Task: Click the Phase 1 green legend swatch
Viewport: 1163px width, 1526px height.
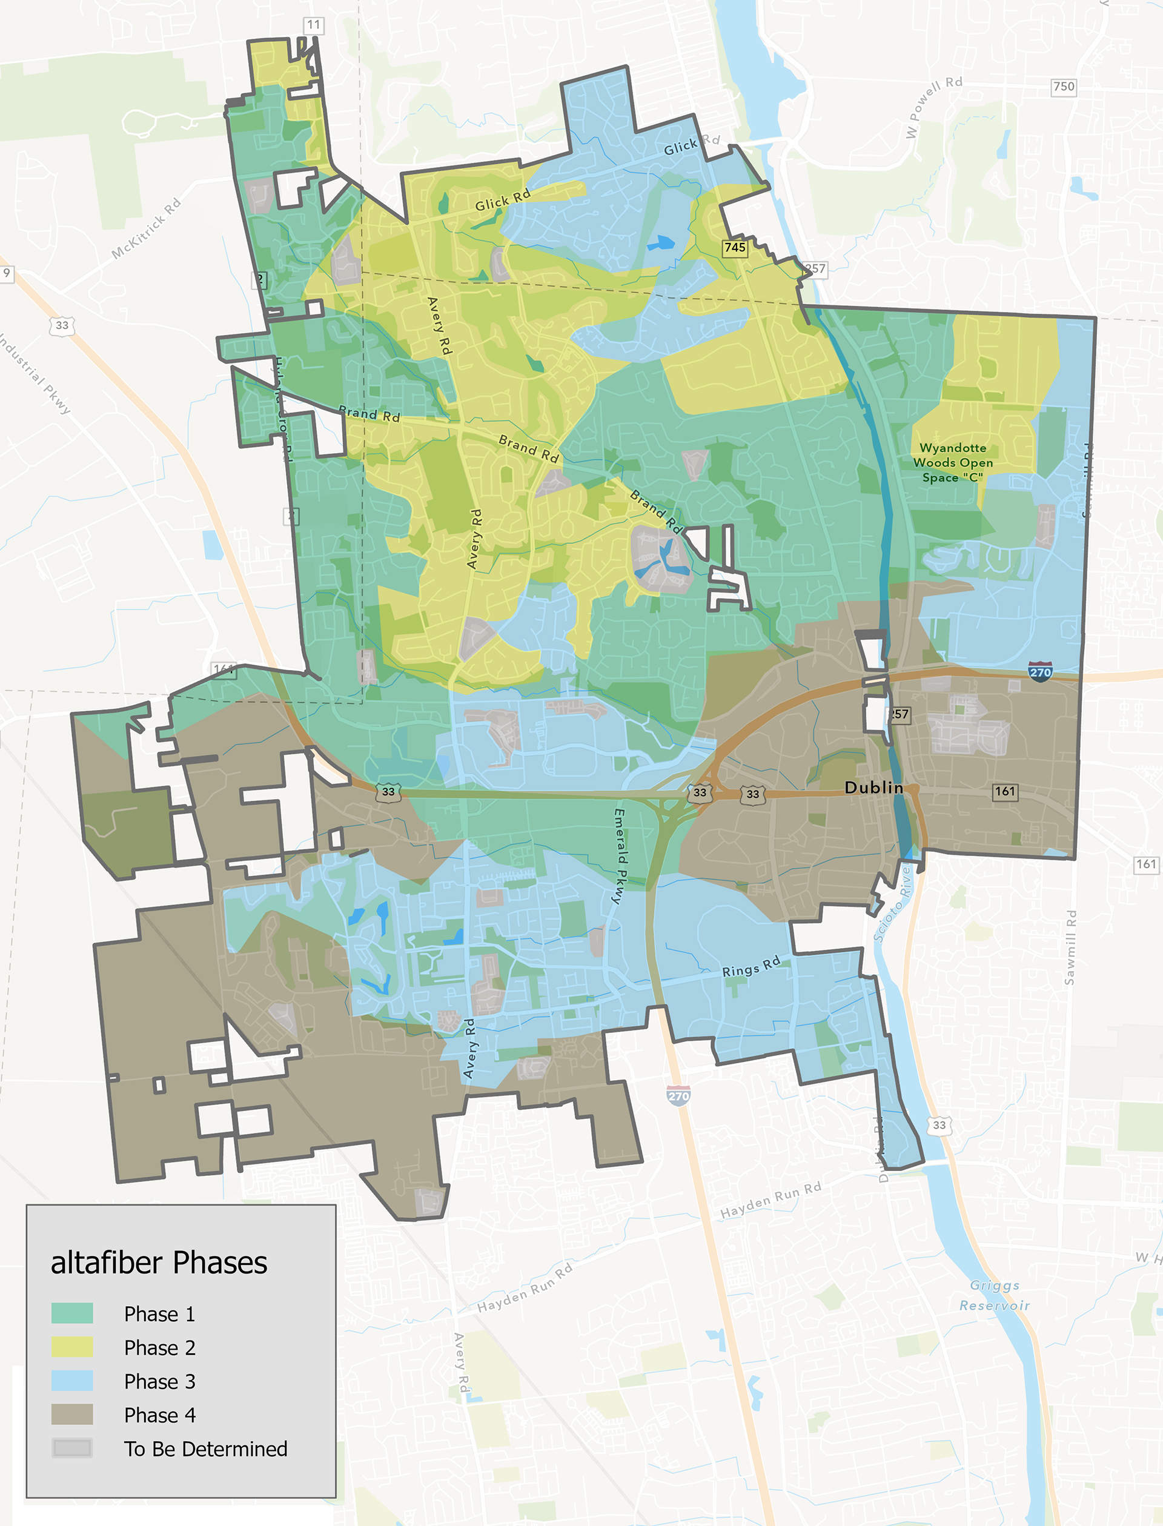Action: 72,1313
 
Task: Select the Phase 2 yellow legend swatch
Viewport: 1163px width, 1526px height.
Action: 72,1347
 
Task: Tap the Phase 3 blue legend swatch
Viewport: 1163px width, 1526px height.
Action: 72,1381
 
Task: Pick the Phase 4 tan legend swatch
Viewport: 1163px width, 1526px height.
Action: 72,1415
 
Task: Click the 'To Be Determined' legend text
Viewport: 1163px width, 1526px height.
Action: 205,1448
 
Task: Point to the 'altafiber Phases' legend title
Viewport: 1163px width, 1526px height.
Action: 159,1262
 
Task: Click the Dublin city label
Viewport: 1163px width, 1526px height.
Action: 873,788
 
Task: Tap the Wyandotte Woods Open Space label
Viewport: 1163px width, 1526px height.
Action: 953,462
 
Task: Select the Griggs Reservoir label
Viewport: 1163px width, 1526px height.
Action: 994,1295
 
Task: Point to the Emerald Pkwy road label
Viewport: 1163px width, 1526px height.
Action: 619,856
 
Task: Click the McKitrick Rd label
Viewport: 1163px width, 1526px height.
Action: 147,228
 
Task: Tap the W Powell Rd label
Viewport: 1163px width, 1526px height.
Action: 934,107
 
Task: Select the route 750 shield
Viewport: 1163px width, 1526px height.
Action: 1063,87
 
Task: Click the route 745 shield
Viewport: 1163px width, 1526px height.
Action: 735,247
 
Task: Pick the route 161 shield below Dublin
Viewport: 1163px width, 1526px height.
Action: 1004,791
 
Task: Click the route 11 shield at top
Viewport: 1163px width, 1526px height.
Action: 314,25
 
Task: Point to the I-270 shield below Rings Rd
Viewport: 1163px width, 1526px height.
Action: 678,1096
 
